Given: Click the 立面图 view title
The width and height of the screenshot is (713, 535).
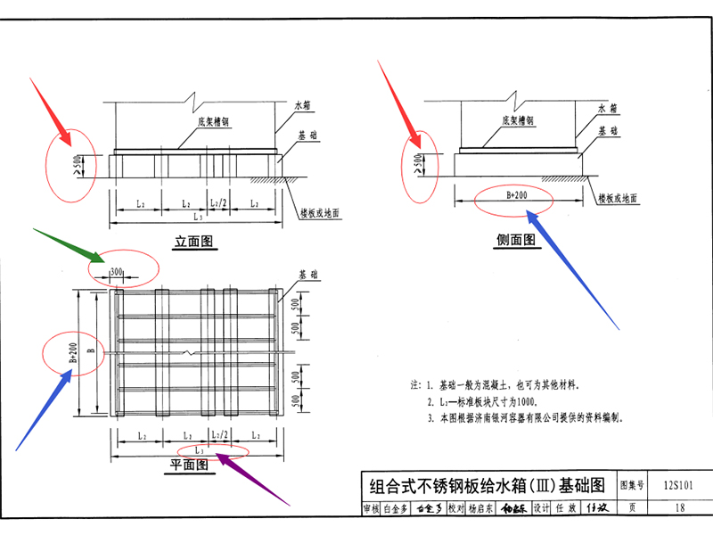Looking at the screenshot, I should pyautogui.click(x=195, y=241).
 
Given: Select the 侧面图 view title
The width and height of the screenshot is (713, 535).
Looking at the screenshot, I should pyautogui.click(x=516, y=239).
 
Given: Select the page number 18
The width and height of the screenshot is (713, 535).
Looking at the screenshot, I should pyautogui.click(x=681, y=508).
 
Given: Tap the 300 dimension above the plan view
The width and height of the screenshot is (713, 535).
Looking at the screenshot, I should pyautogui.click(x=117, y=270).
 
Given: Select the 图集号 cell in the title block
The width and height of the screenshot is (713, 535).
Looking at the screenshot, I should pyautogui.click(x=631, y=486).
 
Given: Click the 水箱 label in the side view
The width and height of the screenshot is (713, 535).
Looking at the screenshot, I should pyautogui.click(x=607, y=108).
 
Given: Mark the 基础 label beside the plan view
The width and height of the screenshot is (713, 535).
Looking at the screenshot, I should pyautogui.click(x=308, y=274).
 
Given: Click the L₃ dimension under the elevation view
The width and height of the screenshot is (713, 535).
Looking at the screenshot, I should pyautogui.click(x=194, y=217).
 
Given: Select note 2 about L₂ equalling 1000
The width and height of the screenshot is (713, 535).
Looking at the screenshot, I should pyautogui.click(x=490, y=401).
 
